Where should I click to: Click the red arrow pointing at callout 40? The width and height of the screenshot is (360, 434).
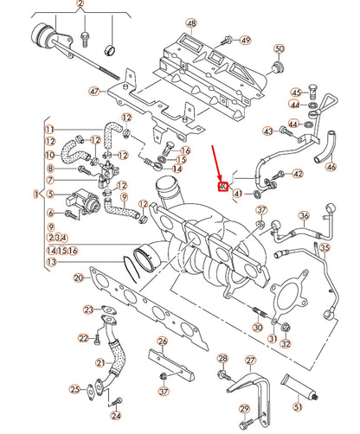[219, 164]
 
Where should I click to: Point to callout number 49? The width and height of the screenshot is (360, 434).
[245, 41]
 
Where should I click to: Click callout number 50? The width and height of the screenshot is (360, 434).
[279, 48]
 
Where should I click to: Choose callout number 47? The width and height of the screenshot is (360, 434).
[94, 91]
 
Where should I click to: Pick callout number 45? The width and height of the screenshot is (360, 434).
[296, 93]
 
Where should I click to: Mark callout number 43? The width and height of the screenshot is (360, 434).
[267, 131]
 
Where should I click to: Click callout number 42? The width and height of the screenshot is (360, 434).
[297, 174]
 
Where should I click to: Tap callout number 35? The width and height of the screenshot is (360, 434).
[325, 247]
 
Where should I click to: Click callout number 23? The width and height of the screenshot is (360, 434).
[88, 309]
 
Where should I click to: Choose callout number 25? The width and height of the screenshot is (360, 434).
[74, 389]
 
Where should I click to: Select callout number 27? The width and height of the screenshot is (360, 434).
[251, 361]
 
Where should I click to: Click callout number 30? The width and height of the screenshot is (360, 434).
[257, 328]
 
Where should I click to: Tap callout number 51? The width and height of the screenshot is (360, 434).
[298, 406]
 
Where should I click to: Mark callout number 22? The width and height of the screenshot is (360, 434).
[84, 337]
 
